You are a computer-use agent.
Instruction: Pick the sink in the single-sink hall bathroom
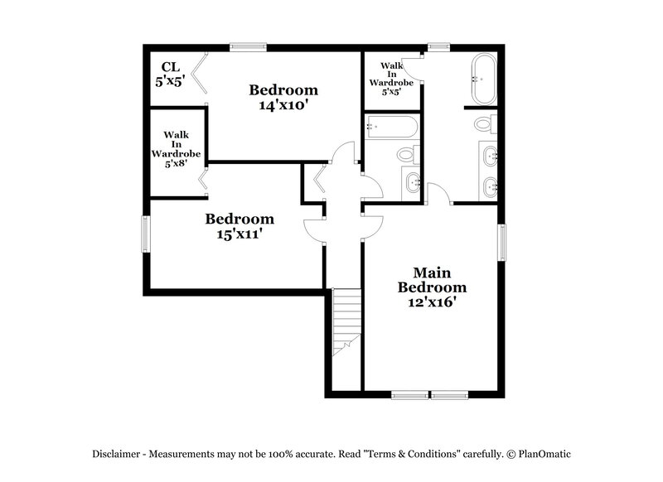click(x=412, y=183)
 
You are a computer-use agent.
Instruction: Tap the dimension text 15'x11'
click(x=240, y=234)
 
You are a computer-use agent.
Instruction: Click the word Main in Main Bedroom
click(x=432, y=272)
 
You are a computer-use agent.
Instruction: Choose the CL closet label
click(x=171, y=66)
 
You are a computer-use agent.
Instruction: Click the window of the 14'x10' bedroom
click(x=249, y=47)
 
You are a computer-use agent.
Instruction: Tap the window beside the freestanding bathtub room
click(x=438, y=47)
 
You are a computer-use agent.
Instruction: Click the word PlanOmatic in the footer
click(x=544, y=454)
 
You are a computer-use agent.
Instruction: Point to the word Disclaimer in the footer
click(x=119, y=454)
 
